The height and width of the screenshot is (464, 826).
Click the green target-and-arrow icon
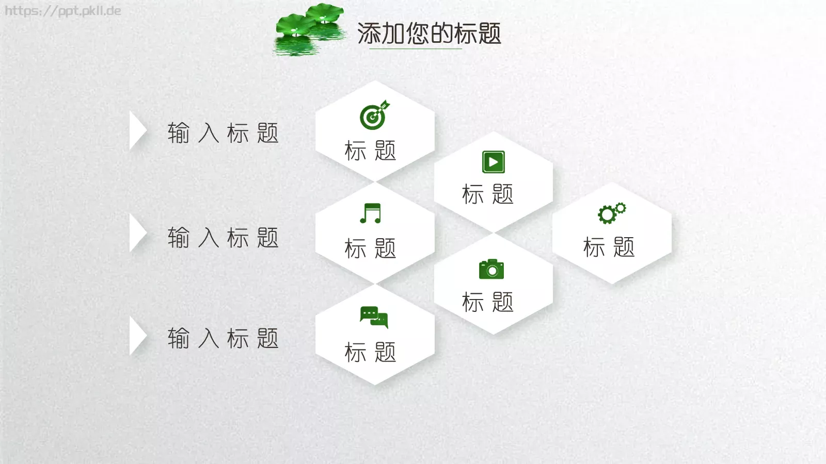point(374,115)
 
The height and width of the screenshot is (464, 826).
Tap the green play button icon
point(493,162)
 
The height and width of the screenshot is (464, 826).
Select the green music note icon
point(371,213)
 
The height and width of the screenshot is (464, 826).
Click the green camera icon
point(491,269)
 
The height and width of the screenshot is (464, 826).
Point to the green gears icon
point(612,213)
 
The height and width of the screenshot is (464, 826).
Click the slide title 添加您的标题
point(429,34)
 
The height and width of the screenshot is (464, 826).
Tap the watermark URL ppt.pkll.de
point(62,11)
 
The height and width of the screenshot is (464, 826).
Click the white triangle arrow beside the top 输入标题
point(137,131)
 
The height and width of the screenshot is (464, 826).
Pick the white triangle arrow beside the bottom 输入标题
point(137,336)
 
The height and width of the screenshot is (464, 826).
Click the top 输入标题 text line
point(223,133)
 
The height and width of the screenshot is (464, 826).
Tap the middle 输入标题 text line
point(223,238)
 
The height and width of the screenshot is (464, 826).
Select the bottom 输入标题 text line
point(223,338)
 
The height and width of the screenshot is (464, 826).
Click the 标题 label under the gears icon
point(609,247)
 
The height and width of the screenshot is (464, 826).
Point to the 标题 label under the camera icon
point(488,302)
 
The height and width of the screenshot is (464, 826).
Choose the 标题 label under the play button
point(488,194)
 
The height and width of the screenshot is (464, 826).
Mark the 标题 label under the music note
point(370,248)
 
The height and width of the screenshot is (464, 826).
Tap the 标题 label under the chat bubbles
point(370,352)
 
